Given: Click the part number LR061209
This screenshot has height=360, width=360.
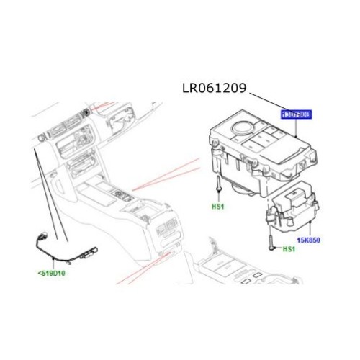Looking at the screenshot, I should click(x=214, y=89).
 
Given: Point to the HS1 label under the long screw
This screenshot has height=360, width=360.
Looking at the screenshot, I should click(x=217, y=206).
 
